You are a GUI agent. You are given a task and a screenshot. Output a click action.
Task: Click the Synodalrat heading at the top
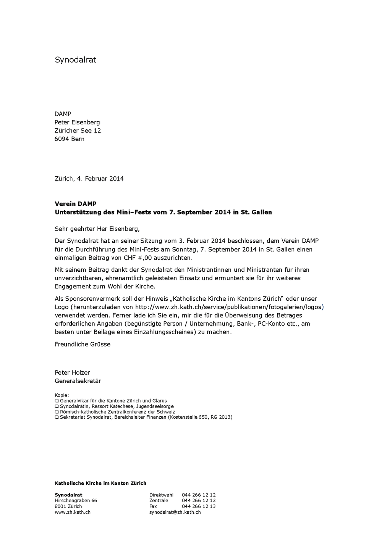point(75,60)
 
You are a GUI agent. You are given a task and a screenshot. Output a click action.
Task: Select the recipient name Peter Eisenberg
point(77,123)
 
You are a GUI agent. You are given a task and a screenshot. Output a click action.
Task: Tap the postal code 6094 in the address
point(62,139)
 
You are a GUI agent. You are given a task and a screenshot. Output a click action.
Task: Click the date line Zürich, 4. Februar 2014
point(89,179)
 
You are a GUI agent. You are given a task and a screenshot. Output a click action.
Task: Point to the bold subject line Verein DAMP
point(76,204)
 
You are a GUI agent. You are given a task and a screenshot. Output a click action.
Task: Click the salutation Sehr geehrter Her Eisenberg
point(97,229)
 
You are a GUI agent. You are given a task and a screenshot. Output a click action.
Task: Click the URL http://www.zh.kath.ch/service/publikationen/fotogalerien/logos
point(228,307)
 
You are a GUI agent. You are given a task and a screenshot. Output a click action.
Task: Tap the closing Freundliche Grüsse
point(83,344)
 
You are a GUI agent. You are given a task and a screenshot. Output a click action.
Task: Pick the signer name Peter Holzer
point(72,372)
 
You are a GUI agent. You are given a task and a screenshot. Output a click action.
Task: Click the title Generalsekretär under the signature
point(78,381)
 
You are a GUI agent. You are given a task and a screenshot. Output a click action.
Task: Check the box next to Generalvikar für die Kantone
point(57,401)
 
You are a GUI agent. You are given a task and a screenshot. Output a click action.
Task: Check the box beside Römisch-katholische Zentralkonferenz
point(57,412)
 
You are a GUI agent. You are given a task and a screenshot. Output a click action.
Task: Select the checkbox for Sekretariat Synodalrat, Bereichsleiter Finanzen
point(57,417)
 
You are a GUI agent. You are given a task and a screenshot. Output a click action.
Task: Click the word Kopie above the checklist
point(62,395)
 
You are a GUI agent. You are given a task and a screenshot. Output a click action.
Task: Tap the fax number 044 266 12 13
point(199,506)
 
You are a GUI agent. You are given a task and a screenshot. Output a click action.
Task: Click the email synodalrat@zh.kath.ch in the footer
point(175,512)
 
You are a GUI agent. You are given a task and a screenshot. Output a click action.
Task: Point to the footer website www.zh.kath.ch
point(73,512)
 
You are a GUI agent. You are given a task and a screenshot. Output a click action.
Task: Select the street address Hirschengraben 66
point(76,501)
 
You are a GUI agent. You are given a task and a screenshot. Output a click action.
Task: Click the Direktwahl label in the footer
point(161,495)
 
